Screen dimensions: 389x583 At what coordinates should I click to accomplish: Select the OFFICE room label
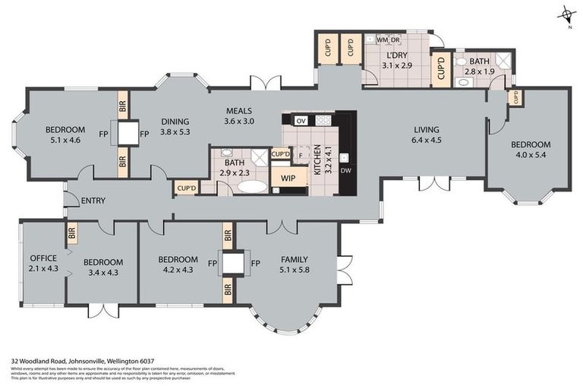pos(38,258)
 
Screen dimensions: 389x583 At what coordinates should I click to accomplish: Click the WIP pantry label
pos(288,179)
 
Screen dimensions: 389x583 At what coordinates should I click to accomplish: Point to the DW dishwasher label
pos(345,170)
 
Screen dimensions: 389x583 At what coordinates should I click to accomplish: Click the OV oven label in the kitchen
pos(301,121)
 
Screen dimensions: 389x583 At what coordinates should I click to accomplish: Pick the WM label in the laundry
pos(382,40)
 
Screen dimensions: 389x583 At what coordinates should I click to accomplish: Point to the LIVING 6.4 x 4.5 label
pos(425,134)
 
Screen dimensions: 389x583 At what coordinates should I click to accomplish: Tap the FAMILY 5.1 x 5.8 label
pos(295,264)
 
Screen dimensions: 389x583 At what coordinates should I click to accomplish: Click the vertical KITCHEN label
pos(329,160)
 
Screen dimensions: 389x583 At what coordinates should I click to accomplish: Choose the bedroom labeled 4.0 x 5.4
pos(529,149)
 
